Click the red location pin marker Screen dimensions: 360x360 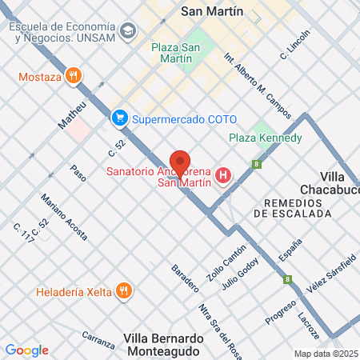coord(180,162)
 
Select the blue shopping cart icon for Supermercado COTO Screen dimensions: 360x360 coord(120,118)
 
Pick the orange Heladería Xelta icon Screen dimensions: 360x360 coord(123,290)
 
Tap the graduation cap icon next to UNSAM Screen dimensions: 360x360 coord(127,31)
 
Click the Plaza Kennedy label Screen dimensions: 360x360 coord(265,138)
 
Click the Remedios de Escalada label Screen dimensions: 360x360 coord(291,208)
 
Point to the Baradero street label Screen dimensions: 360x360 coord(186,276)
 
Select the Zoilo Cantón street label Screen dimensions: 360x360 coord(226,261)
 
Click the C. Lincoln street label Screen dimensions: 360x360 coord(294,46)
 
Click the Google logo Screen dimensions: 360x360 coord(26,350)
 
